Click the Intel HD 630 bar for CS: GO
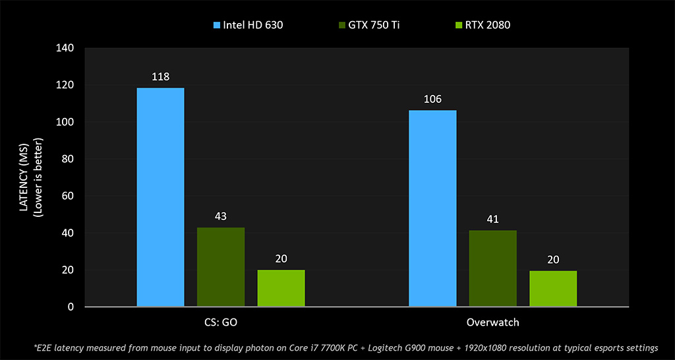[x=160, y=197]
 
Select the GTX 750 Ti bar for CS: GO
[x=221, y=267]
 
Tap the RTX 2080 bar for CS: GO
[x=281, y=288]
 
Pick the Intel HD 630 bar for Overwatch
[x=432, y=208]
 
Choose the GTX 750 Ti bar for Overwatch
[x=493, y=268]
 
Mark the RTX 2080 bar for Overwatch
[x=553, y=289]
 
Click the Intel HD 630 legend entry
[x=248, y=26]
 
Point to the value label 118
[x=160, y=76]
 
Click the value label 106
[x=432, y=99]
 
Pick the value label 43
[x=221, y=216]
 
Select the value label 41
[x=493, y=219]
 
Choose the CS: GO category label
[x=221, y=323]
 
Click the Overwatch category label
[x=493, y=323]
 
